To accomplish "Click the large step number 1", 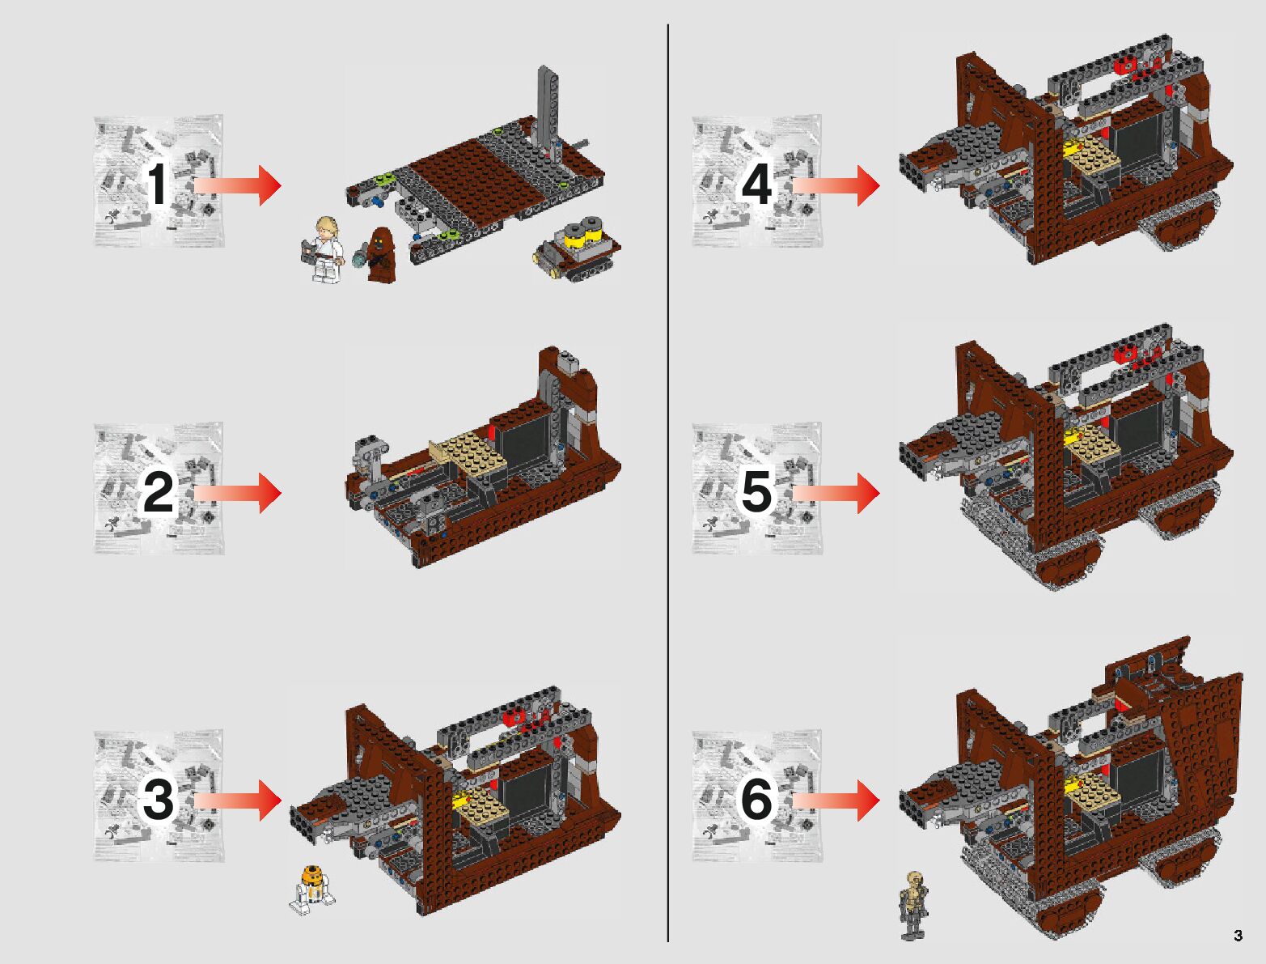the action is tap(158, 185).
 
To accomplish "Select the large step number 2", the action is tap(159, 492).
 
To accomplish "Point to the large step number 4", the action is tap(756, 185).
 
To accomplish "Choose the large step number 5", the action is tap(757, 492).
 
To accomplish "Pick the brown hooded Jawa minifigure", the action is tap(379, 254).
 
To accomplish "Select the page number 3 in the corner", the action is tap(1238, 936).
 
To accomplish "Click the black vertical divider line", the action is tap(668, 486).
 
